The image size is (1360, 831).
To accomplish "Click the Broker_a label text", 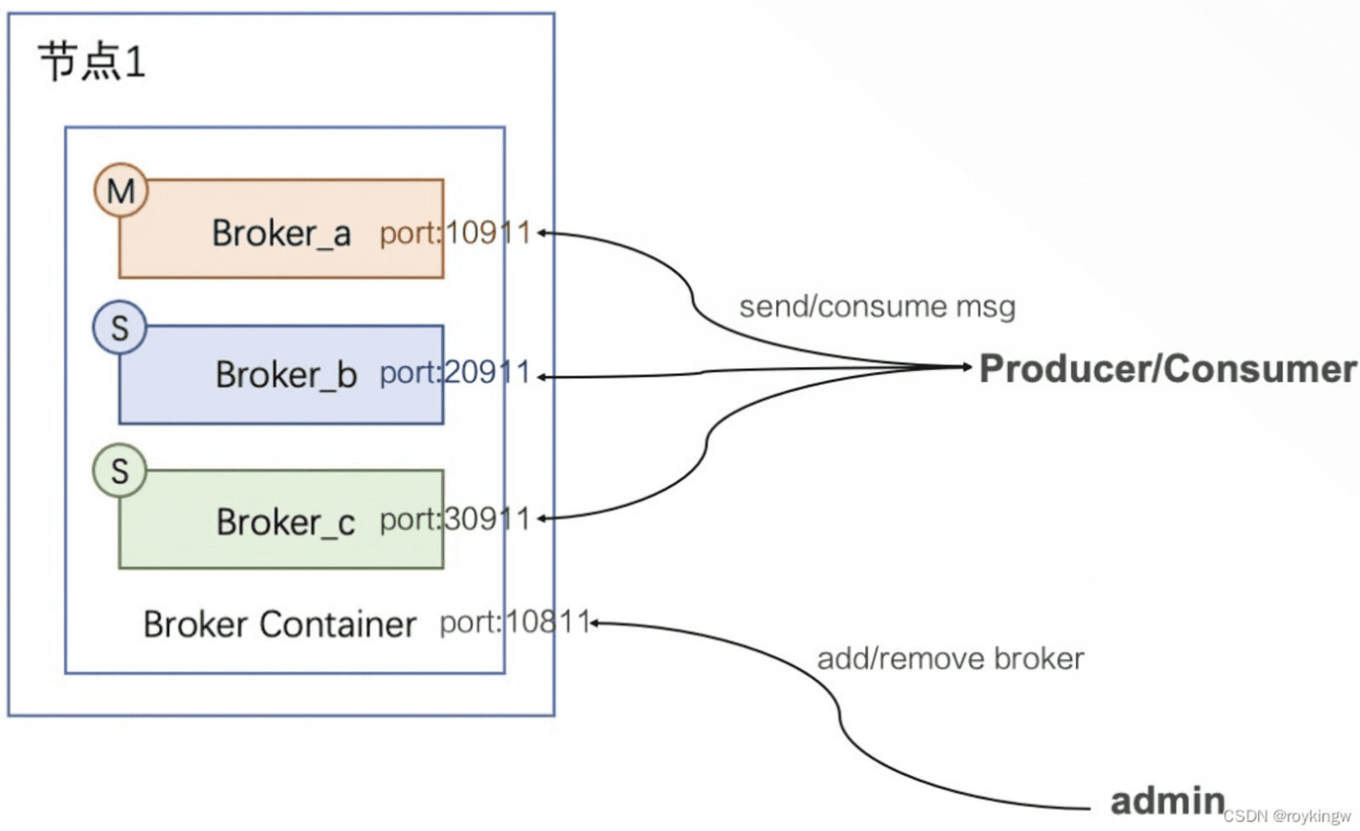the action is click(x=281, y=234).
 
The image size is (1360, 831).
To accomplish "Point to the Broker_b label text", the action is click(x=286, y=375).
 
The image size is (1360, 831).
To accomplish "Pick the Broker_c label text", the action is click(x=286, y=522).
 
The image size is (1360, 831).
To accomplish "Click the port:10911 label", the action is click(x=456, y=234).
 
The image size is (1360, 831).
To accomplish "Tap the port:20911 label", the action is click(x=456, y=373).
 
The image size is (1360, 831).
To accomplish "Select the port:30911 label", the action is click(x=456, y=520).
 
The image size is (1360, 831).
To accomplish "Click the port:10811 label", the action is click(x=515, y=622).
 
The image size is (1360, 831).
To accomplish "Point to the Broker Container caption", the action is click(x=280, y=624).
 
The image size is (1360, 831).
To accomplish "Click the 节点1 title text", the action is click(x=93, y=61).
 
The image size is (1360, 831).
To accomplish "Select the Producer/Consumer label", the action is click(x=1168, y=369).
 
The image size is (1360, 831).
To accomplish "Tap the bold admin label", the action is click(x=1168, y=800).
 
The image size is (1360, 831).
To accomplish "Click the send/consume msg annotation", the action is click(x=877, y=307).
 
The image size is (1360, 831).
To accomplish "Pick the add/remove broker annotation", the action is click(x=950, y=659).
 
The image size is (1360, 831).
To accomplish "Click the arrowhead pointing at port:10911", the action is click(x=541, y=233).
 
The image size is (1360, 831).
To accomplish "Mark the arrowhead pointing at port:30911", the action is click(x=541, y=518).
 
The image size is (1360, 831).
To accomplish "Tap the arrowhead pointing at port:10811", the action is click(x=595, y=623).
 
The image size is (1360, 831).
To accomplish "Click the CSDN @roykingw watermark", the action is click(x=1288, y=817).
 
